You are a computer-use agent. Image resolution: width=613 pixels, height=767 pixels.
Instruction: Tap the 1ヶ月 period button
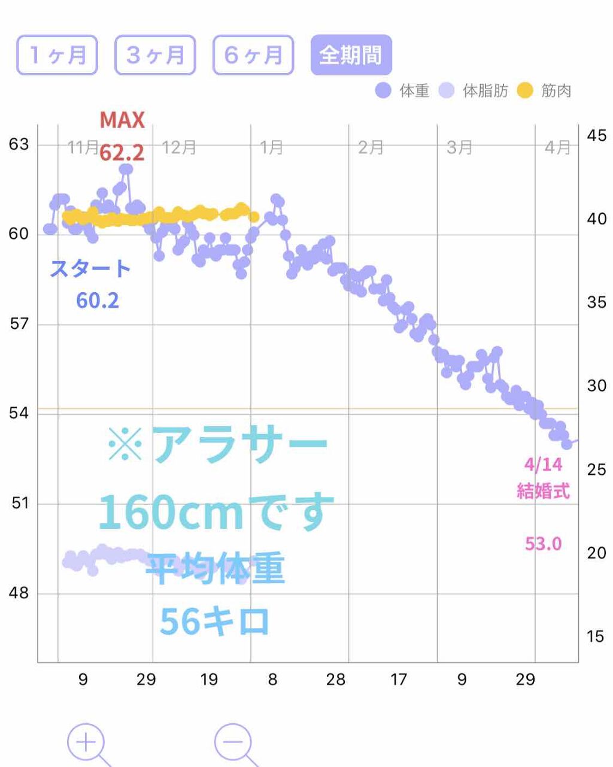coord(57,55)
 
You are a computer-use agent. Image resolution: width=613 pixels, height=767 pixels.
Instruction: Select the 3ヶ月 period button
coord(155,55)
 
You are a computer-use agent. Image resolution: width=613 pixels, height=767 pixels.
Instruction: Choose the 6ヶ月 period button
coord(253,55)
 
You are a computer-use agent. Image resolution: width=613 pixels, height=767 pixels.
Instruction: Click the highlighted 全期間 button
coord(351,55)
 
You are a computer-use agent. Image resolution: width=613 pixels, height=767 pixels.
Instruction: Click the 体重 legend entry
coord(403,91)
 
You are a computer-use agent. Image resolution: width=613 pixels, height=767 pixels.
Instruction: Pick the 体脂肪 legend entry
coord(474,91)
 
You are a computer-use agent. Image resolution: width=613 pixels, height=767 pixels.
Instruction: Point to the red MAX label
coord(122,120)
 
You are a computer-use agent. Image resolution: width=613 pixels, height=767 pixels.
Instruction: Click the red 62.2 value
coord(122,153)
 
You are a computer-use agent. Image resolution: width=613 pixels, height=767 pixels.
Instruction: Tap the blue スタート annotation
coord(90,269)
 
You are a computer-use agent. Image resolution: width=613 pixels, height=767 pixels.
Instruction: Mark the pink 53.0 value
coord(544,544)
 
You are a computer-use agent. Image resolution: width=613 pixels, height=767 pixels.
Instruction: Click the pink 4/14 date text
coord(544,465)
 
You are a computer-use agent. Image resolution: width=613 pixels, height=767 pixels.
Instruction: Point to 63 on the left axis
coord(19,144)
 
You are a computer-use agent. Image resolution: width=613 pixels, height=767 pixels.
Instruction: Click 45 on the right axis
coord(596,135)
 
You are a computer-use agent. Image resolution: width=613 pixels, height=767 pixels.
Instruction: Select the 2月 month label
coord(371,147)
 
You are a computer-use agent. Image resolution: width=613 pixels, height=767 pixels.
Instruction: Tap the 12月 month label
coord(179,147)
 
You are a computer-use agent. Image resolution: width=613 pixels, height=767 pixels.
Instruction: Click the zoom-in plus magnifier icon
coord(86,743)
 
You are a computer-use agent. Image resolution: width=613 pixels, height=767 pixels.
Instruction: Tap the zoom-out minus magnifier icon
coord(233,743)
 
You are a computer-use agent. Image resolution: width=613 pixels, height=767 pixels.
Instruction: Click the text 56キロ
coord(214,622)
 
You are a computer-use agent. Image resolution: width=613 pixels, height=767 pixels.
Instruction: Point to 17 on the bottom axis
coord(399,680)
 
